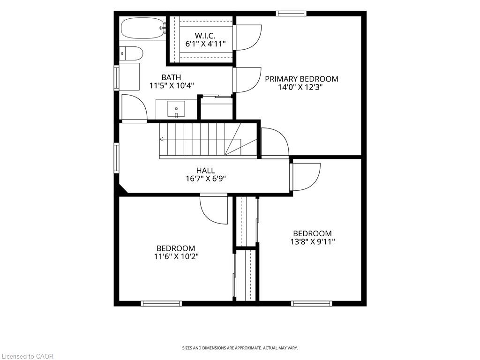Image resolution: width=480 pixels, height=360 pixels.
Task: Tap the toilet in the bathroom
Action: [x=131, y=53]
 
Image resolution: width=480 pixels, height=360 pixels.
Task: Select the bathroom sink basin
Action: [x=176, y=109]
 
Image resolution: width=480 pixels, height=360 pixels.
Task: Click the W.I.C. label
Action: [x=205, y=36]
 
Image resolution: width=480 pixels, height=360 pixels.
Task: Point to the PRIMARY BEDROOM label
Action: [x=301, y=79]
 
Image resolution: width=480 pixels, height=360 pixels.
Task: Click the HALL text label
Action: [x=205, y=170]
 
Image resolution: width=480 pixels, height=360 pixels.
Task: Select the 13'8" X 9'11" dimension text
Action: [x=313, y=241]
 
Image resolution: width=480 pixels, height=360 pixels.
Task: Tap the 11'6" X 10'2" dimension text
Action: [x=176, y=256]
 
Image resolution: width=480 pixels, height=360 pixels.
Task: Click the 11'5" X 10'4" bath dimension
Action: [x=172, y=85]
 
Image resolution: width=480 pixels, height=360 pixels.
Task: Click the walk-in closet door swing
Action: [x=247, y=37]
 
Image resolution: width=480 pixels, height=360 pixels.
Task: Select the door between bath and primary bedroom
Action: [x=247, y=80]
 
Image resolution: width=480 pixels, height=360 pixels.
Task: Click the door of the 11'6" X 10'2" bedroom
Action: [x=214, y=209]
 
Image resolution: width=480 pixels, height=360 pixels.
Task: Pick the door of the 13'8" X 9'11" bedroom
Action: [x=306, y=177]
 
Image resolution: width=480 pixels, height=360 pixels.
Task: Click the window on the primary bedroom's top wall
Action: [x=291, y=14]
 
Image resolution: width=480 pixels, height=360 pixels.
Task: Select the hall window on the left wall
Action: [x=116, y=158]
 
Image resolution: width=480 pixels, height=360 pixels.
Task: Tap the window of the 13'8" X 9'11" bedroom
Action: [x=311, y=303]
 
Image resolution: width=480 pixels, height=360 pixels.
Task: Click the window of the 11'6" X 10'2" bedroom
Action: [x=161, y=303]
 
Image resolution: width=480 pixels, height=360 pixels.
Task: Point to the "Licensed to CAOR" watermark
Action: [x=28, y=356]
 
